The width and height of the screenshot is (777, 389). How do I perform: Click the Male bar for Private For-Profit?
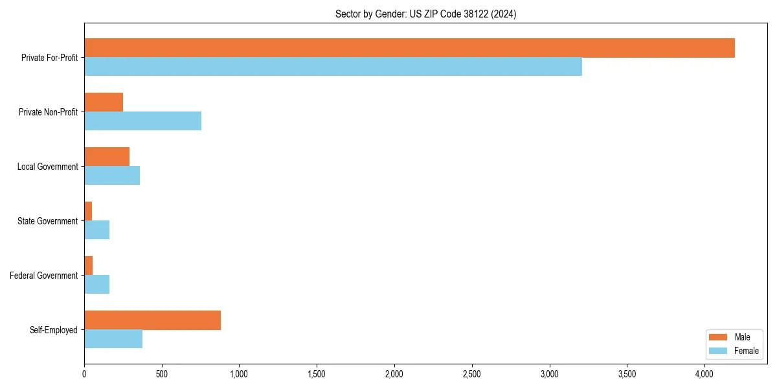pos(409,48)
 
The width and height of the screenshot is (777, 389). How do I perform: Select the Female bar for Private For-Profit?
pos(333,67)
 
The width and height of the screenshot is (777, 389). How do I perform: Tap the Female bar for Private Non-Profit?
pos(142,121)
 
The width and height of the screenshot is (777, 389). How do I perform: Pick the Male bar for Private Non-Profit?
pos(104,102)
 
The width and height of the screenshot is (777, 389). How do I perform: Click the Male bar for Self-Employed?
pos(152,320)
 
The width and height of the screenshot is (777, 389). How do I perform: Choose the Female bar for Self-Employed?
pos(113,339)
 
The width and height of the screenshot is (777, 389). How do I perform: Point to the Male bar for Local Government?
pos(107,157)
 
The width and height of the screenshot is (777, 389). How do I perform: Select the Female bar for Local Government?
pos(112,176)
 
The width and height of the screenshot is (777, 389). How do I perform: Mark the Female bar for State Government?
pos(96,230)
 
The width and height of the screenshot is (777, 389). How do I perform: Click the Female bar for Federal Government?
pos(96,285)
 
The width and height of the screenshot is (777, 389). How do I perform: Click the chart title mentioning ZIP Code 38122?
pos(425,14)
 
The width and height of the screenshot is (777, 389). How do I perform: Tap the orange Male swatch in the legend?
pos(719,337)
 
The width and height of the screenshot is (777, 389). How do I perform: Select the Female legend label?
pos(747,351)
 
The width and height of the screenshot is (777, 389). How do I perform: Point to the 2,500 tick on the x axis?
pos(472,374)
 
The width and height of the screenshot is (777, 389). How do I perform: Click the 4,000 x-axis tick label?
pos(704,374)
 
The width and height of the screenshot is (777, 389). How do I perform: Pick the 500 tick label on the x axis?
pos(162,374)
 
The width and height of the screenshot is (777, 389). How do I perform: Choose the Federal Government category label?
pos(44,276)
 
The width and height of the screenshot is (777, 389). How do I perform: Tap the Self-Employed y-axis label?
pos(54,330)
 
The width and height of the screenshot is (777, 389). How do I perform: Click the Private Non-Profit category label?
pos(48,112)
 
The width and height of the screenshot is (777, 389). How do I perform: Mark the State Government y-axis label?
pos(47,221)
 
